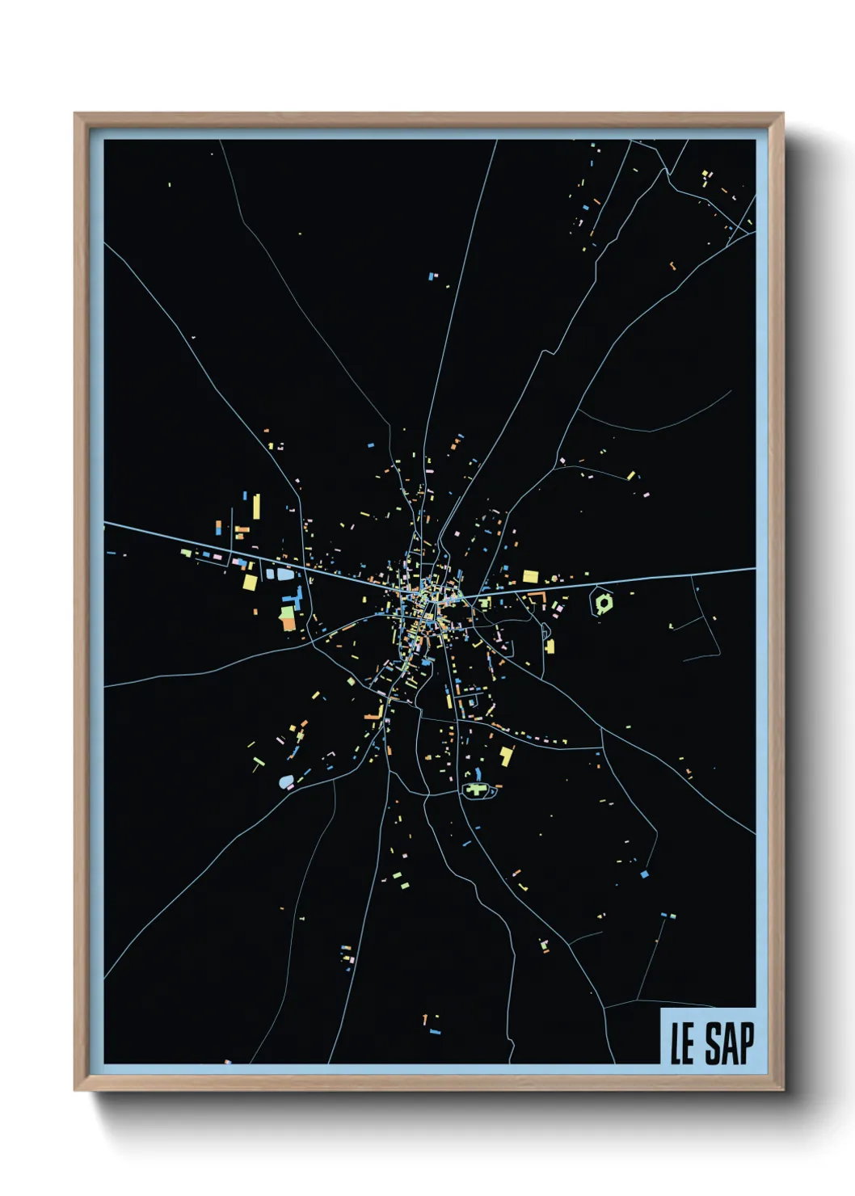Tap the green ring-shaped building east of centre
click(x=603, y=602)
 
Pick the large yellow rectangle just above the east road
click(x=530, y=576)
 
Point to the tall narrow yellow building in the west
click(x=256, y=507)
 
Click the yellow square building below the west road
click(x=250, y=581)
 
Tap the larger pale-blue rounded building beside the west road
click(x=285, y=575)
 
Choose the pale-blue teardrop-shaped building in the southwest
click(x=285, y=782)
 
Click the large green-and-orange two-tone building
click(x=288, y=618)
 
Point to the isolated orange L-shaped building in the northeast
click(x=671, y=263)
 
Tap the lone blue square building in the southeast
click(x=644, y=874)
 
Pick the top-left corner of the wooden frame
click(x=75, y=114)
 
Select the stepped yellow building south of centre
click(x=507, y=756)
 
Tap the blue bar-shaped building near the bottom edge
click(x=435, y=1032)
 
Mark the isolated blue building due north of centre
click(x=432, y=276)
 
